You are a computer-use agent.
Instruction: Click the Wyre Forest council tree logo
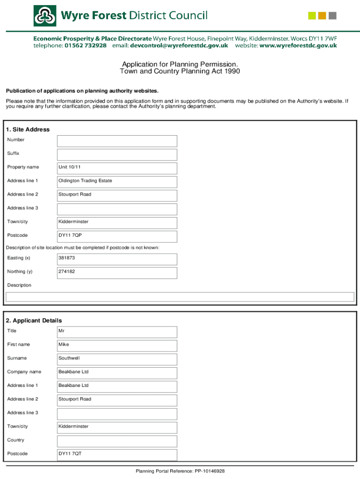45,16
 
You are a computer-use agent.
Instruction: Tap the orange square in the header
322,16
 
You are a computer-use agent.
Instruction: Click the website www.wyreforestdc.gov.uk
298,46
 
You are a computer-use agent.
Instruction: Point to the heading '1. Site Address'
28,130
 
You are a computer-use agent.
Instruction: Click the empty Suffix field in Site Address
117,155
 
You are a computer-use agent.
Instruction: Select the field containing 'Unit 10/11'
117,168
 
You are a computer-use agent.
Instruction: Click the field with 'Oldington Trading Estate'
117,182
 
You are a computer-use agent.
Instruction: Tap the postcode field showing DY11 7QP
117,236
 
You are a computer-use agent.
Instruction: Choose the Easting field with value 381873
117,259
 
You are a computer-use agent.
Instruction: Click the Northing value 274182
117,273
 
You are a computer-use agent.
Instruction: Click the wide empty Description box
180,297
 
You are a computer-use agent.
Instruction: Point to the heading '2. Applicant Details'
34,320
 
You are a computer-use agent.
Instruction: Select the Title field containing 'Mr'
117,332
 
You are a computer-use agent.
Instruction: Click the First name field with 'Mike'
117,346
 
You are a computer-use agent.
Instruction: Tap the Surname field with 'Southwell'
117,359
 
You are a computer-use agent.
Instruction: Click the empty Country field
117,441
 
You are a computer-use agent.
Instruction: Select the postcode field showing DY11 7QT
117,455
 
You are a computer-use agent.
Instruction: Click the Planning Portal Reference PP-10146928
180,471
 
